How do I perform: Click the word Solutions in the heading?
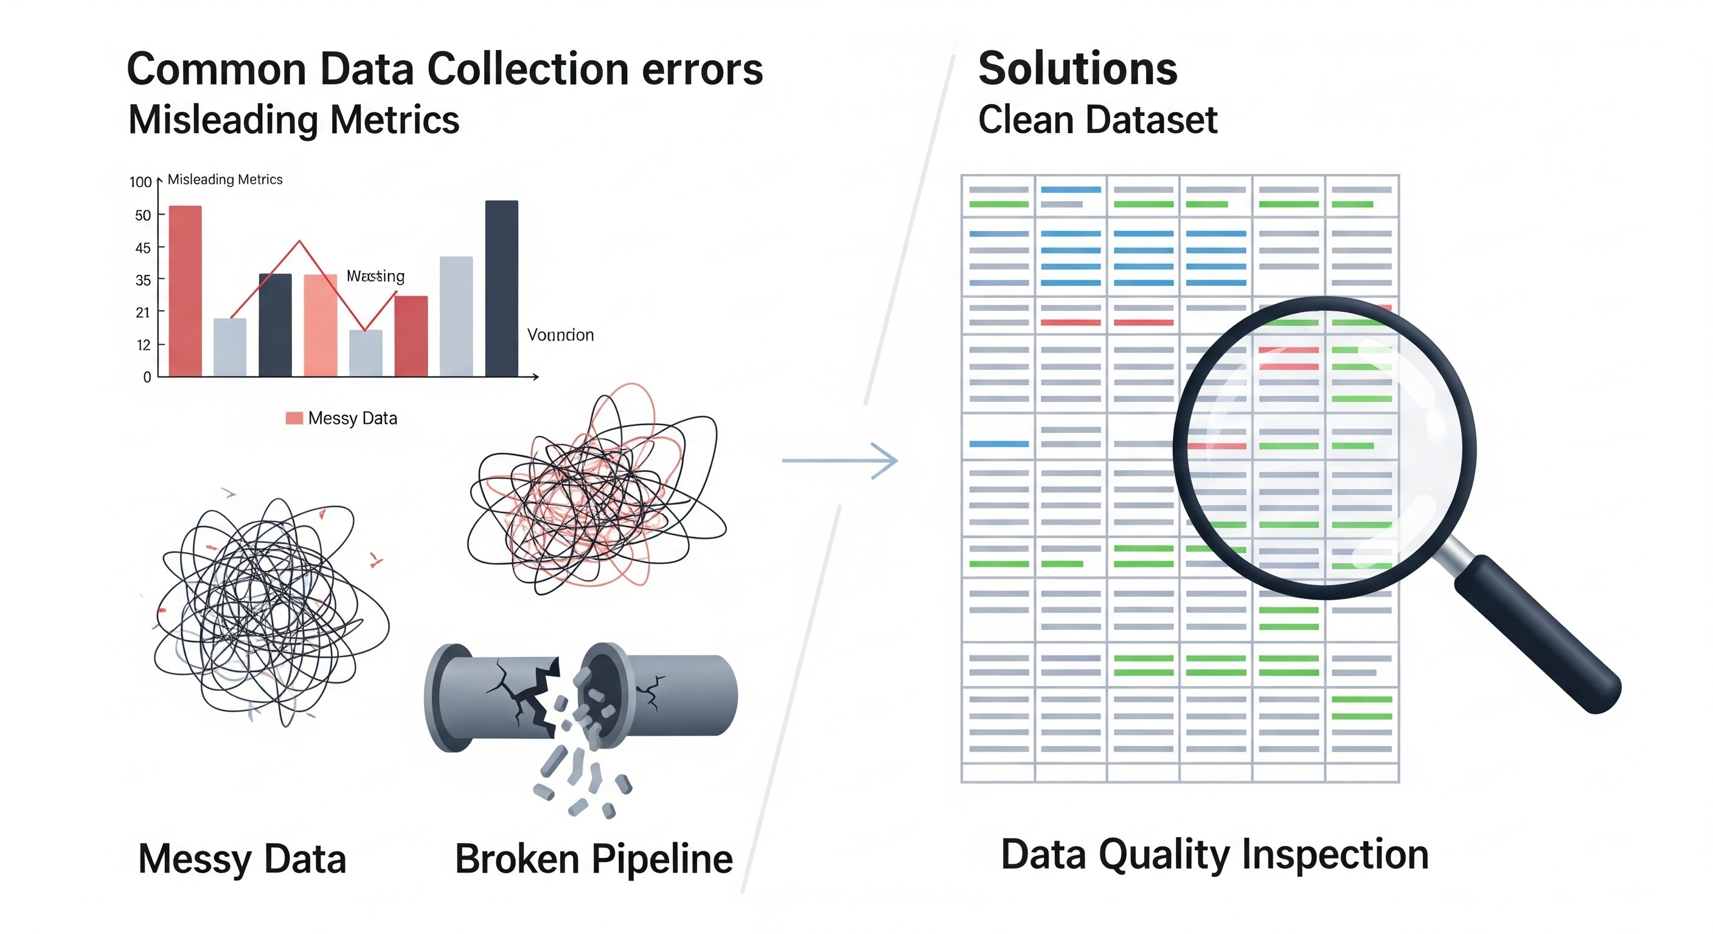[1077, 69]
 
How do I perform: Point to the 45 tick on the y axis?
[143, 248]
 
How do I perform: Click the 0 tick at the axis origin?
[147, 377]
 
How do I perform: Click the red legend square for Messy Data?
[294, 418]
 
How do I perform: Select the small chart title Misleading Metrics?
[224, 179]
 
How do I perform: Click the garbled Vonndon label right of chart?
[560, 335]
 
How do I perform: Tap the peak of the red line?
[300, 241]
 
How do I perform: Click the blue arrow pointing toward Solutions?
[841, 460]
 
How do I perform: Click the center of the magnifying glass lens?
[1325, 448]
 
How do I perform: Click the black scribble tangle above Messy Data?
[269, 612]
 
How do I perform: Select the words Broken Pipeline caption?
[593, 859]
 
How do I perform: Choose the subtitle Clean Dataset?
[1097, 120]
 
